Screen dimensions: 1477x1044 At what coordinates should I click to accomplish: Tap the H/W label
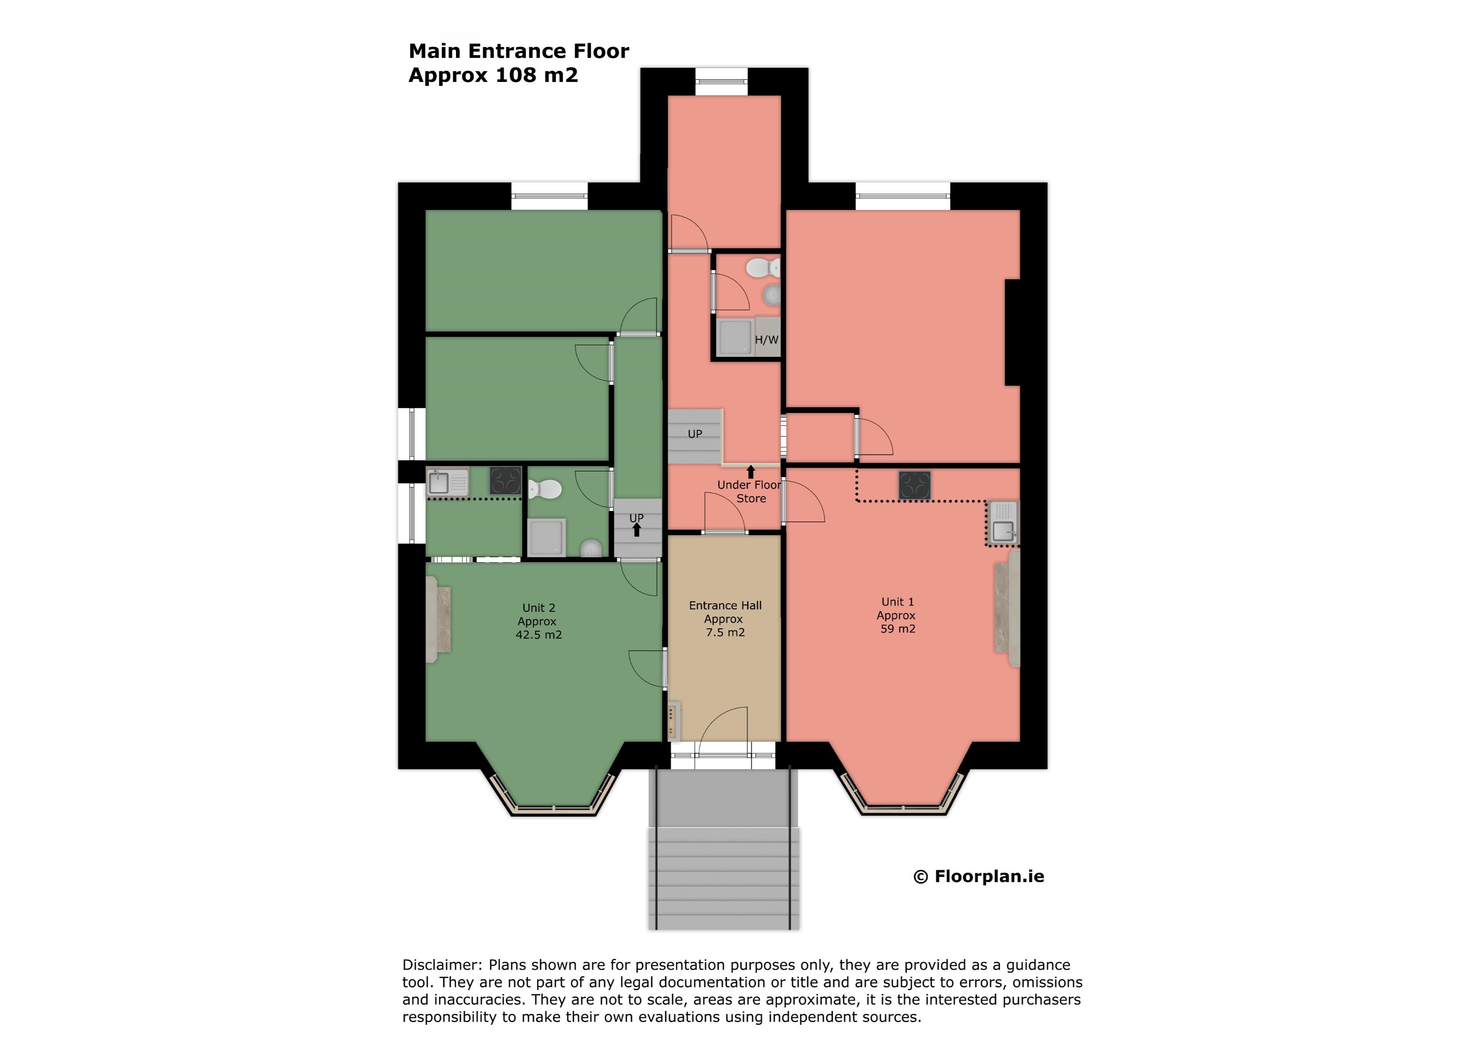[x=766, y=340]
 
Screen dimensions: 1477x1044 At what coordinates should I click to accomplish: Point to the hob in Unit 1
[x=914, y=486]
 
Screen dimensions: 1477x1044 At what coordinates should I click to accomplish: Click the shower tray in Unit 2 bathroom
[x=547, y=537]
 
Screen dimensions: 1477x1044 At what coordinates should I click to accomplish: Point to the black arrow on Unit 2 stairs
[x=636, y=529]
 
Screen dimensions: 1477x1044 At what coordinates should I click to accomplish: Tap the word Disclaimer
[x=441, y=965]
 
